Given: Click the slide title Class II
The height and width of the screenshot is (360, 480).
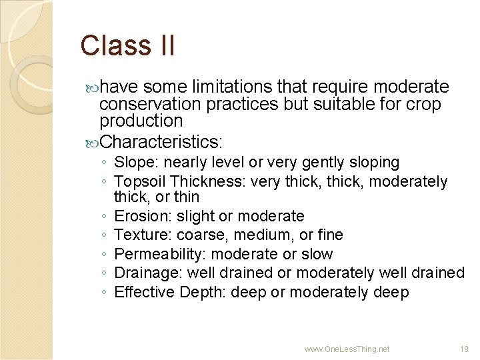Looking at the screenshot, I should click(x=127, y=46).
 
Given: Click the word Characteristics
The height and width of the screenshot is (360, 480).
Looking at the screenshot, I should click(x=160, y=142).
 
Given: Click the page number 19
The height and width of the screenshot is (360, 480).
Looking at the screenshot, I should click(x=464, y=349).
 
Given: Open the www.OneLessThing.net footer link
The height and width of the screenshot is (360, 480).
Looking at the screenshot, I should click(x=347, y=349).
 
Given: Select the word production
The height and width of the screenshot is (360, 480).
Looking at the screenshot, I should click(x=141, y=121).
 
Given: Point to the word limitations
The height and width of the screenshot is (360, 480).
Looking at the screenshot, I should click(x=229, y=87).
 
